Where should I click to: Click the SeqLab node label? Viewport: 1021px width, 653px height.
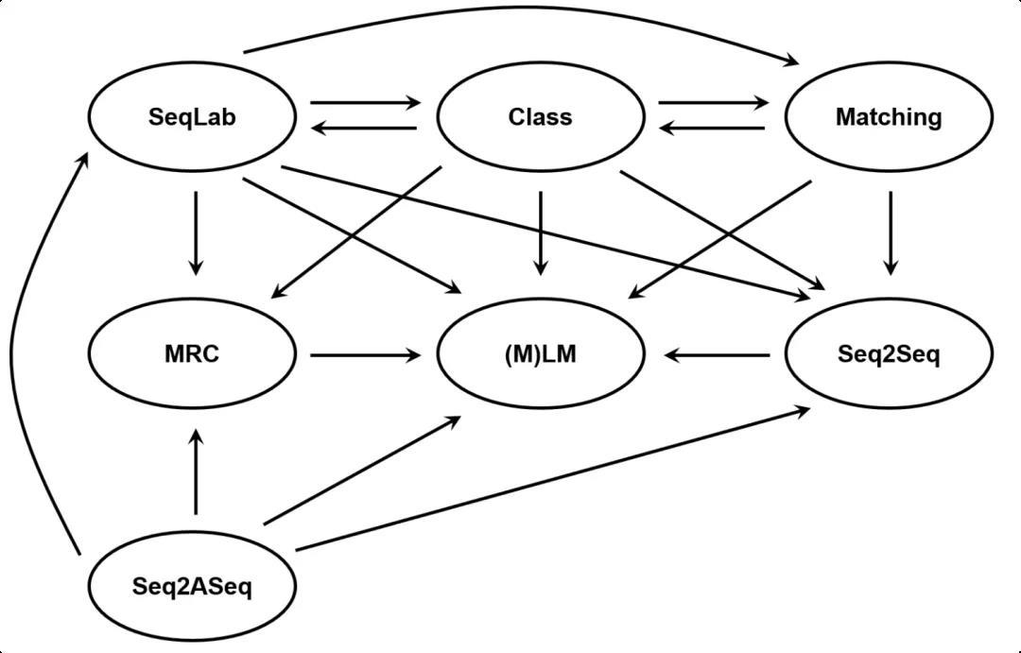click(192, 117)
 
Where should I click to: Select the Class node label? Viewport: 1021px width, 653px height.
click(541, 116)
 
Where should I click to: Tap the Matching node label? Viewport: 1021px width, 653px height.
click(889, 117)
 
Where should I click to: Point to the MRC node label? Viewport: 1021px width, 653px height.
click(192, 353)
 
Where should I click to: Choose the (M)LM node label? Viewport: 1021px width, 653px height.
click(541, 353)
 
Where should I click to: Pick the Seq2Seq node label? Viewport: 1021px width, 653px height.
click(889, 354)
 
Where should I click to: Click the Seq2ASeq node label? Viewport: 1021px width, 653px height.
click(192, 586)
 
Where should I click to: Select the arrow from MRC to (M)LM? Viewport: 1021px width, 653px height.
click(366, 355)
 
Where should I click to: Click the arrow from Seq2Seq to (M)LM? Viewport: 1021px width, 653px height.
click(717, 355)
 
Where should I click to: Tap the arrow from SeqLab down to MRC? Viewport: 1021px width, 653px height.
click(196, 233)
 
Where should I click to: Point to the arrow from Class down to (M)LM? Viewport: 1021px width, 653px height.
click(541, 233)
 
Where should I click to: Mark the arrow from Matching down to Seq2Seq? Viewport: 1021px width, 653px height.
click(891, 233)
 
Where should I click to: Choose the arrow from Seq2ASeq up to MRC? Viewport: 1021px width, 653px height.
click(196, 472)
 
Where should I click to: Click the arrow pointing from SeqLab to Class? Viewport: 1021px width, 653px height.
click(366, 102)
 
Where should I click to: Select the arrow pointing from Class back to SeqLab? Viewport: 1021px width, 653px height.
click(364, 129)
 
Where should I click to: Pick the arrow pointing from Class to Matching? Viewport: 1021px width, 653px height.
click(714, 102)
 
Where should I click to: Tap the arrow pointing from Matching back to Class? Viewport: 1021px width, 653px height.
click(712, 129)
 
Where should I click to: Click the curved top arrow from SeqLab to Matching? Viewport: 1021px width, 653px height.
click(521, 8)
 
